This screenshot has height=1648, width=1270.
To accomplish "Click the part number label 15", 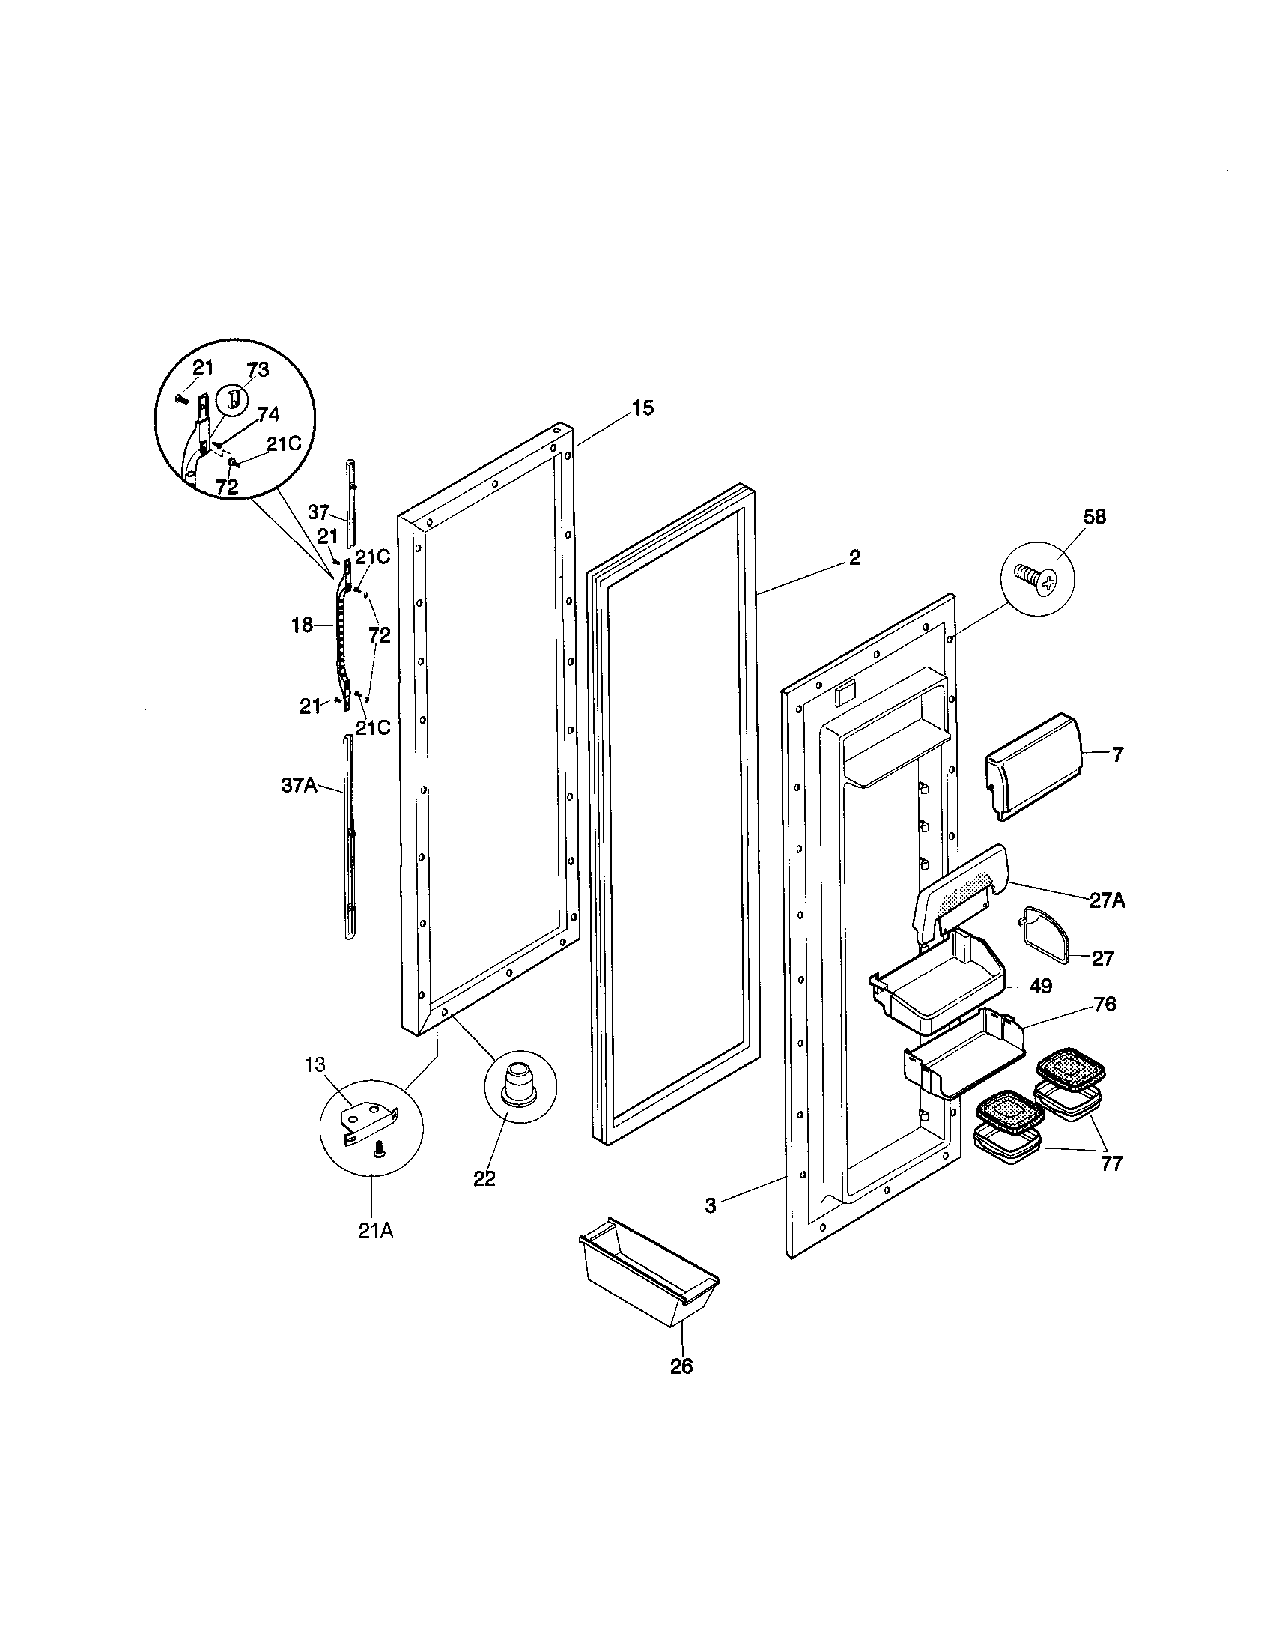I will [642, 408].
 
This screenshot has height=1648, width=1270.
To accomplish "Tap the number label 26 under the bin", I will [681, 1366].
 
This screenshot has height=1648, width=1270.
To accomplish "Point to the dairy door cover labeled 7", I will [1034, 766].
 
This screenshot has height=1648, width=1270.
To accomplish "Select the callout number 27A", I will [1106, 900].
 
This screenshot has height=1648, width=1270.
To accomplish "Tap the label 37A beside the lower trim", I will [299, 786].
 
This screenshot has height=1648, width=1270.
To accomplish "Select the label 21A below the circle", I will [375, 1230].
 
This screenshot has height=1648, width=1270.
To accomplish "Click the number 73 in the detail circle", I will [258, 370].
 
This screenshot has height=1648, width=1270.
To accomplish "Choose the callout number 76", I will [1103, 1005].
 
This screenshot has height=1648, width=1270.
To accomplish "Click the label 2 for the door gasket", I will [854, 557].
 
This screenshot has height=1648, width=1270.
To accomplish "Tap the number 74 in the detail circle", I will [268, 414].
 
